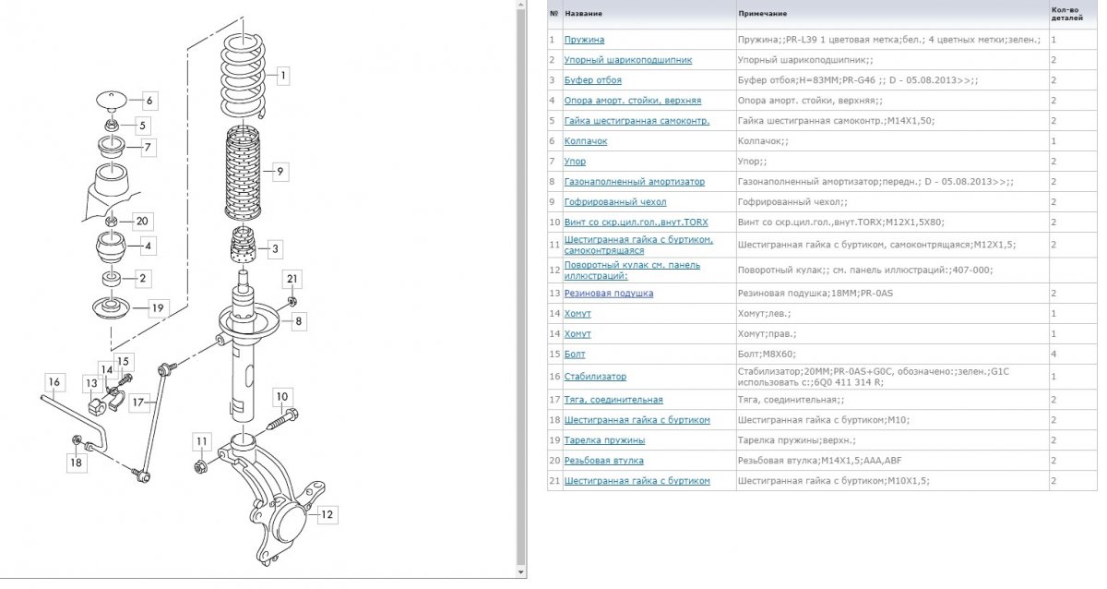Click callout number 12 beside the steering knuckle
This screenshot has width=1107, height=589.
click(327, 514)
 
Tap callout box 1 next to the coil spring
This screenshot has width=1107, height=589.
click(282, 76)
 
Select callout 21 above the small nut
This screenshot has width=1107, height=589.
click(292, 279)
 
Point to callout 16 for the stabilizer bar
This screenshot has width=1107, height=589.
click(54, 382)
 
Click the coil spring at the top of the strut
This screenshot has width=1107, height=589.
click(244, 75)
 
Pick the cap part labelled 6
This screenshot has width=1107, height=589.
click(112, 101)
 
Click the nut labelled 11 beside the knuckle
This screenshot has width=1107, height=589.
click(201, 466)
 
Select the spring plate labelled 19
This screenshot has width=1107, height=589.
click(112, 307)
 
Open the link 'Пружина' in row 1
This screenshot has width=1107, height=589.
click(584, 40)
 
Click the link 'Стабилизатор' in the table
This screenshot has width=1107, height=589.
click(595, 377)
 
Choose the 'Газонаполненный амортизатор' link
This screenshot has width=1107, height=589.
click(635, 182)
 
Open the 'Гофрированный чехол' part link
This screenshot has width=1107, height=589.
click(615, 202)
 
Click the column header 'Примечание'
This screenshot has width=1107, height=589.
click(763, 13)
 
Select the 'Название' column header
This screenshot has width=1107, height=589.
click(584, 13)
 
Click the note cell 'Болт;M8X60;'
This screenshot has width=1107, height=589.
click(767, 355)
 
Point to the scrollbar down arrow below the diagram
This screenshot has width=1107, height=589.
click(520, 572)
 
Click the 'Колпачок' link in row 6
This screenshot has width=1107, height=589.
click(586, 141)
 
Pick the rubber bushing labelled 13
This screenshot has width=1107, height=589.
click(96, 406)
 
